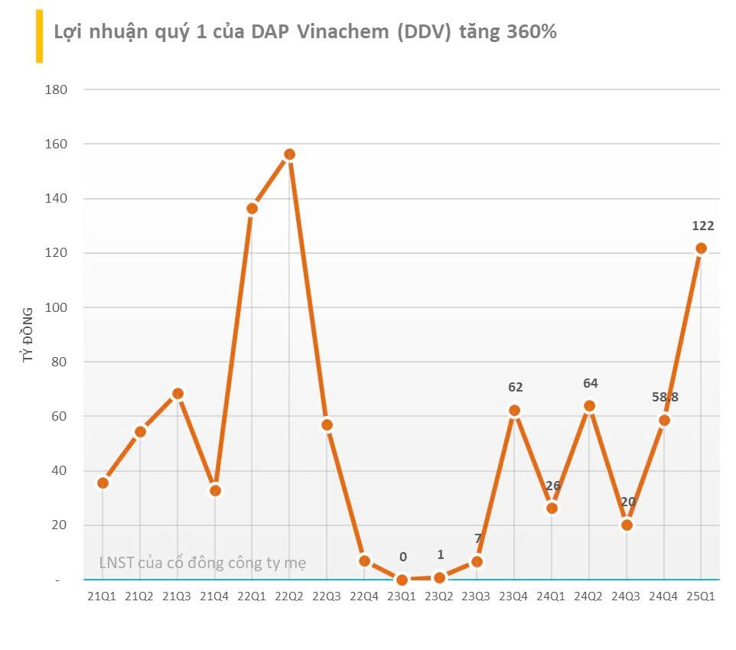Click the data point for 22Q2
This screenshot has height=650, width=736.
[289, 154]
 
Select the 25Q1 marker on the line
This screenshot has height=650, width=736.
[701, 248]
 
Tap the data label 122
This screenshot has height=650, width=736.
[702, 226]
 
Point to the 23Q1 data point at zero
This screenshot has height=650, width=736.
[402, 580]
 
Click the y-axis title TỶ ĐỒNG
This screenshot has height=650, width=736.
[28, 334]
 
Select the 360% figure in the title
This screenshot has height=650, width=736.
[531, 33]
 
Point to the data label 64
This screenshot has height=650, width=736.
[590, 383]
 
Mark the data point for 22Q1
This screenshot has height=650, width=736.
[252, 208]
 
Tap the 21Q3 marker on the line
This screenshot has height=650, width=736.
[177, 394]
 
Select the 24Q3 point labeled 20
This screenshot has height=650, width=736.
[627, 525]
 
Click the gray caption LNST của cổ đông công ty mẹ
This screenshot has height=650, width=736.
[202, 564]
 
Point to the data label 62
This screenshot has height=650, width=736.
[515, 388]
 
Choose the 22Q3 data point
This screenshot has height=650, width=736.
[327, 424]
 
